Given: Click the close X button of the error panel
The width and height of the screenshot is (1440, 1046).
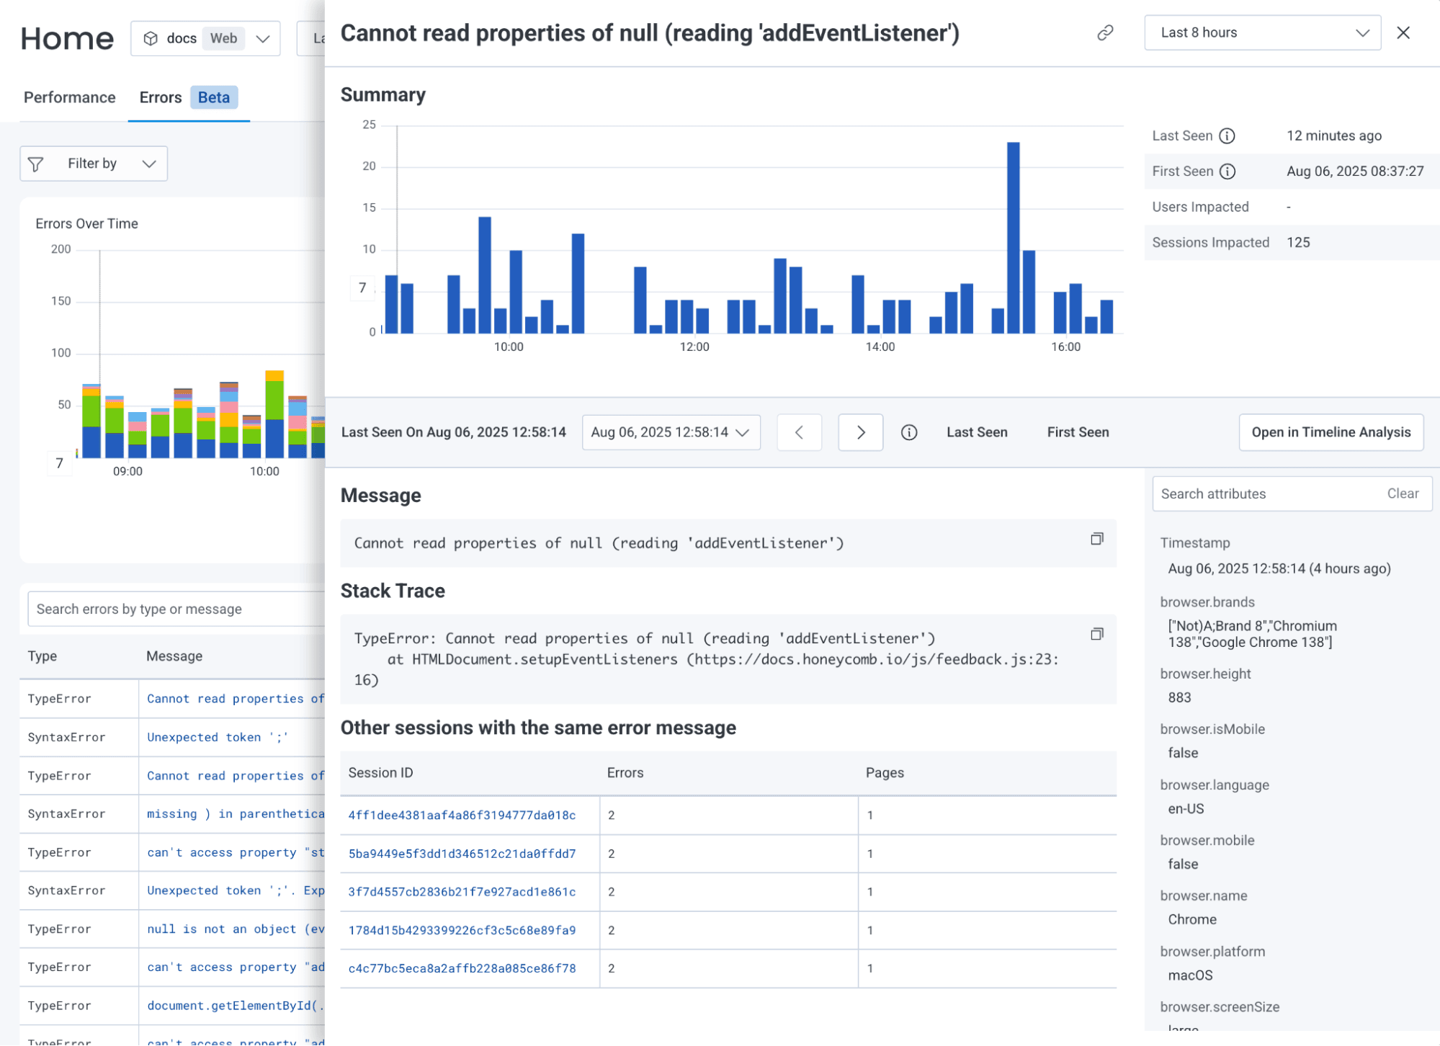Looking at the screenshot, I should click(x=1403, y=33).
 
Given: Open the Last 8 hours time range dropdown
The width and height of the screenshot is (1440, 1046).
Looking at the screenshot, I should click(x=1261, y=33).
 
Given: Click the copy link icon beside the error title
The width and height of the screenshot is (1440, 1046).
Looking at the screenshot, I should click(x=1105, y=33).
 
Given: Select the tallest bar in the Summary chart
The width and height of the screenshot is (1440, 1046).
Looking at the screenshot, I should click(x=1013, y=238).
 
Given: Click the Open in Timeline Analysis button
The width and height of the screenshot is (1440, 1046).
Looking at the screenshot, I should click(x=1331, y=432).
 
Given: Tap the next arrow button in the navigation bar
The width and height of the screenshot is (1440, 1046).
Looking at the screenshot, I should click(x=860, y=432).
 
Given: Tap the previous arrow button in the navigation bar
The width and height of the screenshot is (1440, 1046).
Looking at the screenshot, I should click(x=799, y=432).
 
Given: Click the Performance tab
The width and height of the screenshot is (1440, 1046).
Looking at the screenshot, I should click(x=69, y=97).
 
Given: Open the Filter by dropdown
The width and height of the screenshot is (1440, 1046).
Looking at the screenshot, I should click(x=94, y=164).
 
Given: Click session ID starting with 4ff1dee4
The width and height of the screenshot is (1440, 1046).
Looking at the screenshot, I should click(x=462, y=815).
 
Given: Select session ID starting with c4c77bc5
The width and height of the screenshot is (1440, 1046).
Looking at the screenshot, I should click(x=462, y=969).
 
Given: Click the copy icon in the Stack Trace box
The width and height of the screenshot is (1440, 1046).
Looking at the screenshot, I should click(x=1096, y=634).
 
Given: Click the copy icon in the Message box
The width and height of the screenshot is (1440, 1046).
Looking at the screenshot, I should click(x=1096, y=539).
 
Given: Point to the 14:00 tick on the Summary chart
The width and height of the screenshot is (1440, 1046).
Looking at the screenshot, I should click(x=880, y=347).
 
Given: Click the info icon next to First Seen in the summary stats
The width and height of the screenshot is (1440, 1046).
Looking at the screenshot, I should click(x=1227, y=171).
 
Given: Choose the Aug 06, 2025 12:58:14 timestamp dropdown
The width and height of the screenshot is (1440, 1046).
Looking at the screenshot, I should click(x=671, y=432).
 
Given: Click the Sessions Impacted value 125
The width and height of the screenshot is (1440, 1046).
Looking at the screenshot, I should click(x=1298, y=243).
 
